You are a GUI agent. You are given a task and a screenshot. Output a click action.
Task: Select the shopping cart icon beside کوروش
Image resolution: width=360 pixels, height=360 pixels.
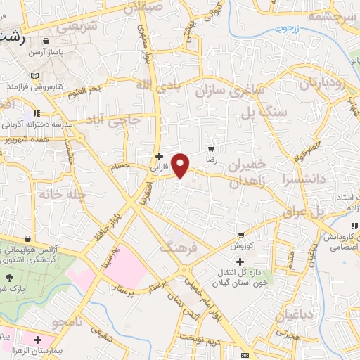(x=241, y=236)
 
